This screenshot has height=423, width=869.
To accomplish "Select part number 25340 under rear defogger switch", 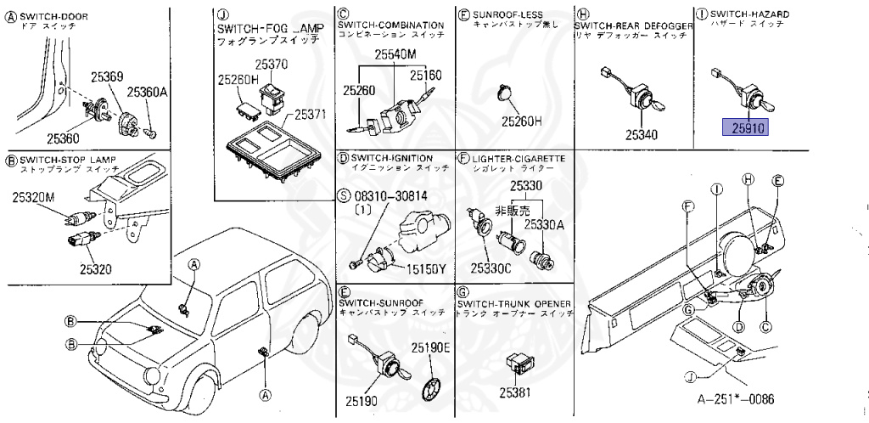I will [x=642, y=134].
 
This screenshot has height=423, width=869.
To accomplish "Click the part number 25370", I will [x=272, y=64].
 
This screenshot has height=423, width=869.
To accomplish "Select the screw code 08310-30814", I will [x=393, y=196].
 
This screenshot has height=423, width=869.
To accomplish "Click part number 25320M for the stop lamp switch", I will [x=33, y=197].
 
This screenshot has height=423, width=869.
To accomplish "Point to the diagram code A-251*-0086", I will [x=736, y=399].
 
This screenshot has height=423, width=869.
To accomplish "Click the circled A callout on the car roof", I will [x=193, y=265].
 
